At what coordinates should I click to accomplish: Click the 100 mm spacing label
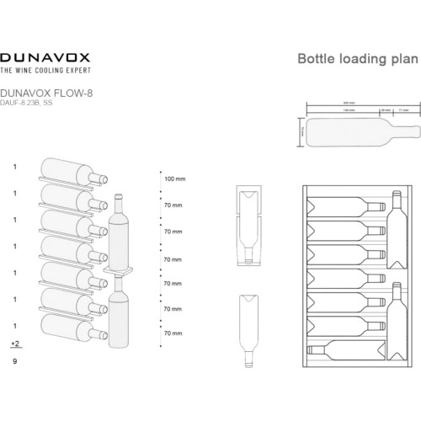click(x=175, y=179)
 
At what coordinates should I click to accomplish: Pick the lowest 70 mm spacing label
click(x=172, y=334)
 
